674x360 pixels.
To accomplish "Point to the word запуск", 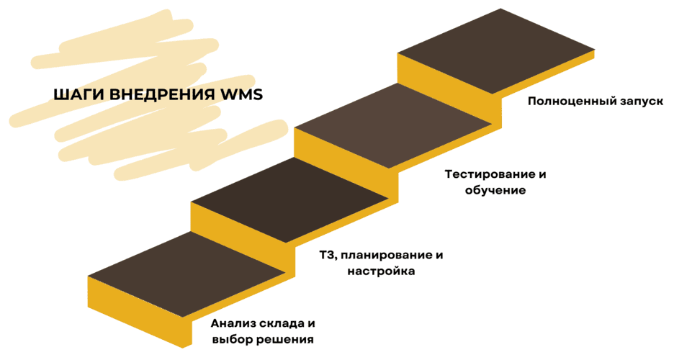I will [640, 102].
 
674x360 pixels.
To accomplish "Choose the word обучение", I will [495, 191].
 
